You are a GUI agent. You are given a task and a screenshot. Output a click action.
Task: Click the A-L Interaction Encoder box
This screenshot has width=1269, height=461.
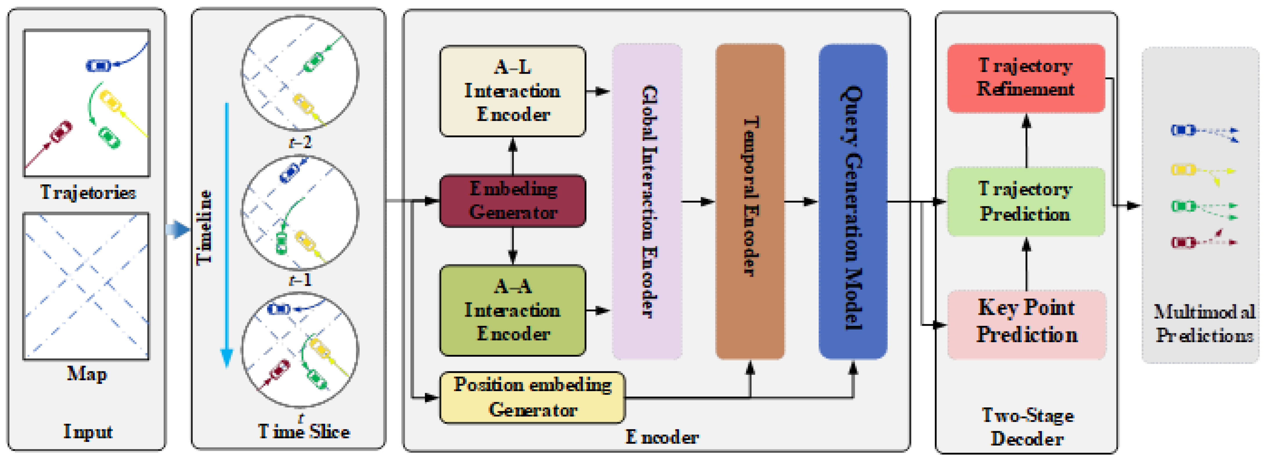tap(512, 91)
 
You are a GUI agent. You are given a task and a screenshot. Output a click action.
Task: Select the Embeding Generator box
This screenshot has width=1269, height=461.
tap(512, 201)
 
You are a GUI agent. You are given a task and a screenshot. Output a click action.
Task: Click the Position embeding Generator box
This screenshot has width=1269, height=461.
tap(532, 397)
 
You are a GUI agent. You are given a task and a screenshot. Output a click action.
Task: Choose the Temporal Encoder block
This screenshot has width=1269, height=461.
tap(750, 202)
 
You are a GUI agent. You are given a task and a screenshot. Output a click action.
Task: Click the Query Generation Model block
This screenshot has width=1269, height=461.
tap(853, 202)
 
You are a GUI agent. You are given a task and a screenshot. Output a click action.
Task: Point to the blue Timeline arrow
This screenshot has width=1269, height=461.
tap(227, 231)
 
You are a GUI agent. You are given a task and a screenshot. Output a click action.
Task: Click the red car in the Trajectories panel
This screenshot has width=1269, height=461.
tap(61, 132)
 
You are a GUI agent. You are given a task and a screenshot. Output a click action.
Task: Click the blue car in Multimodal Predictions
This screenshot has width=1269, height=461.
tap(1182, 130)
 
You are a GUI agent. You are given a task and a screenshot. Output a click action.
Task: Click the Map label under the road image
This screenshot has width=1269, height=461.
tap(87, 374)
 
